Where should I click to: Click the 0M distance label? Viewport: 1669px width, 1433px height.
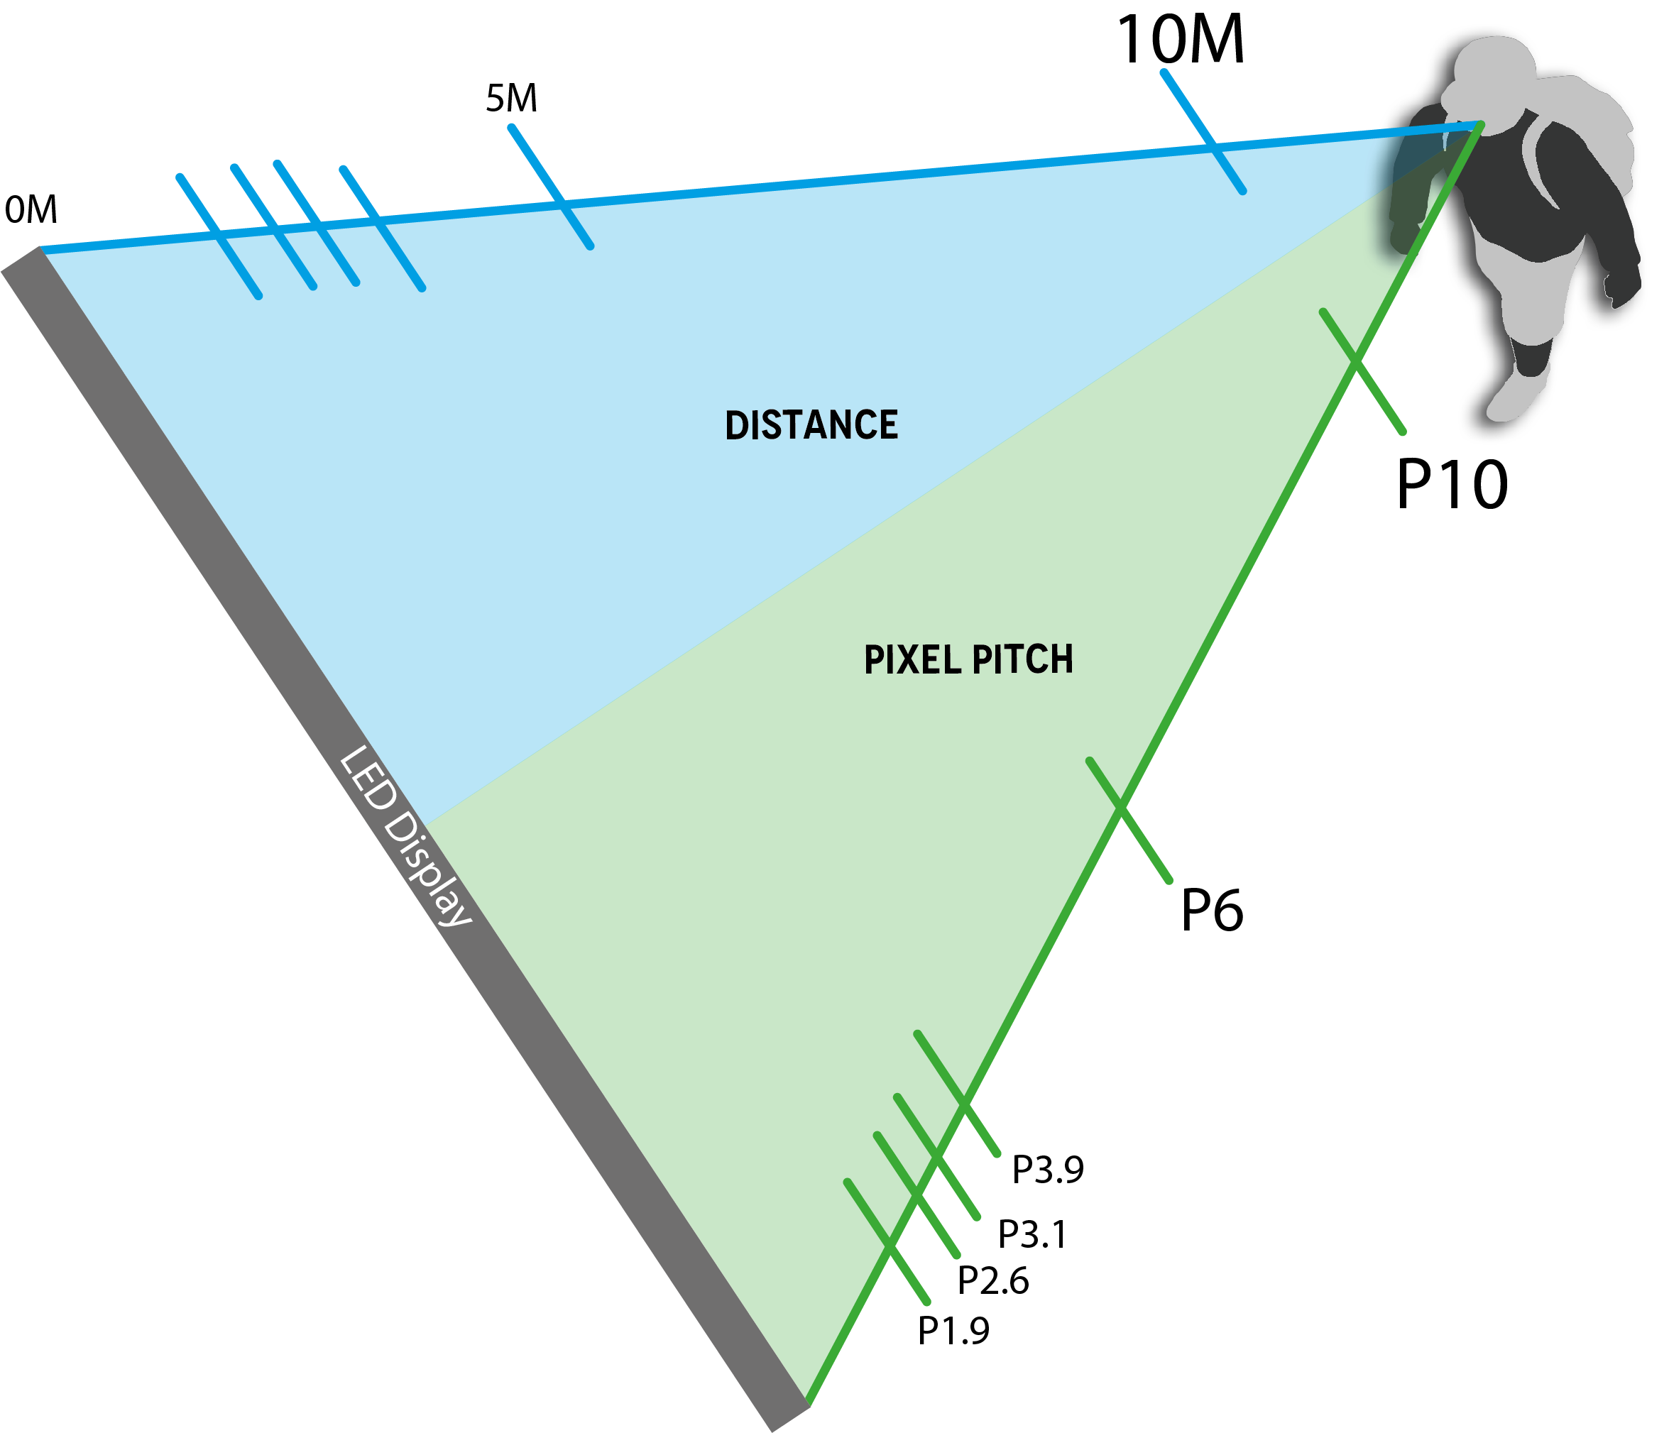(x=31, y=209)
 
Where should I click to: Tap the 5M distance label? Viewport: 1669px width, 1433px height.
(x=512, y=98)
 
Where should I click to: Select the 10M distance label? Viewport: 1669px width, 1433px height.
(x=1180, y=40)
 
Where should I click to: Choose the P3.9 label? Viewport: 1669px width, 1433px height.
(x=1047, y=1170)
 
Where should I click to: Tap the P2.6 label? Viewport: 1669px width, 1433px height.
(x=992, y=1281)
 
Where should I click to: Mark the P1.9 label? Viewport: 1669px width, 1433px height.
(x=953, y=1331)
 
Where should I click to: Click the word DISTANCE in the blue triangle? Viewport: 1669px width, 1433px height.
(x=811, y=425)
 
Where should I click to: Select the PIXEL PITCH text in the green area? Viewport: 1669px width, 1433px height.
(x=968, y=659)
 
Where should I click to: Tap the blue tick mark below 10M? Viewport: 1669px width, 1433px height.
(x=1188, y=107)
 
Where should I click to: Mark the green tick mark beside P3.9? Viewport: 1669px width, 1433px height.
(x=983, y=1133)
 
